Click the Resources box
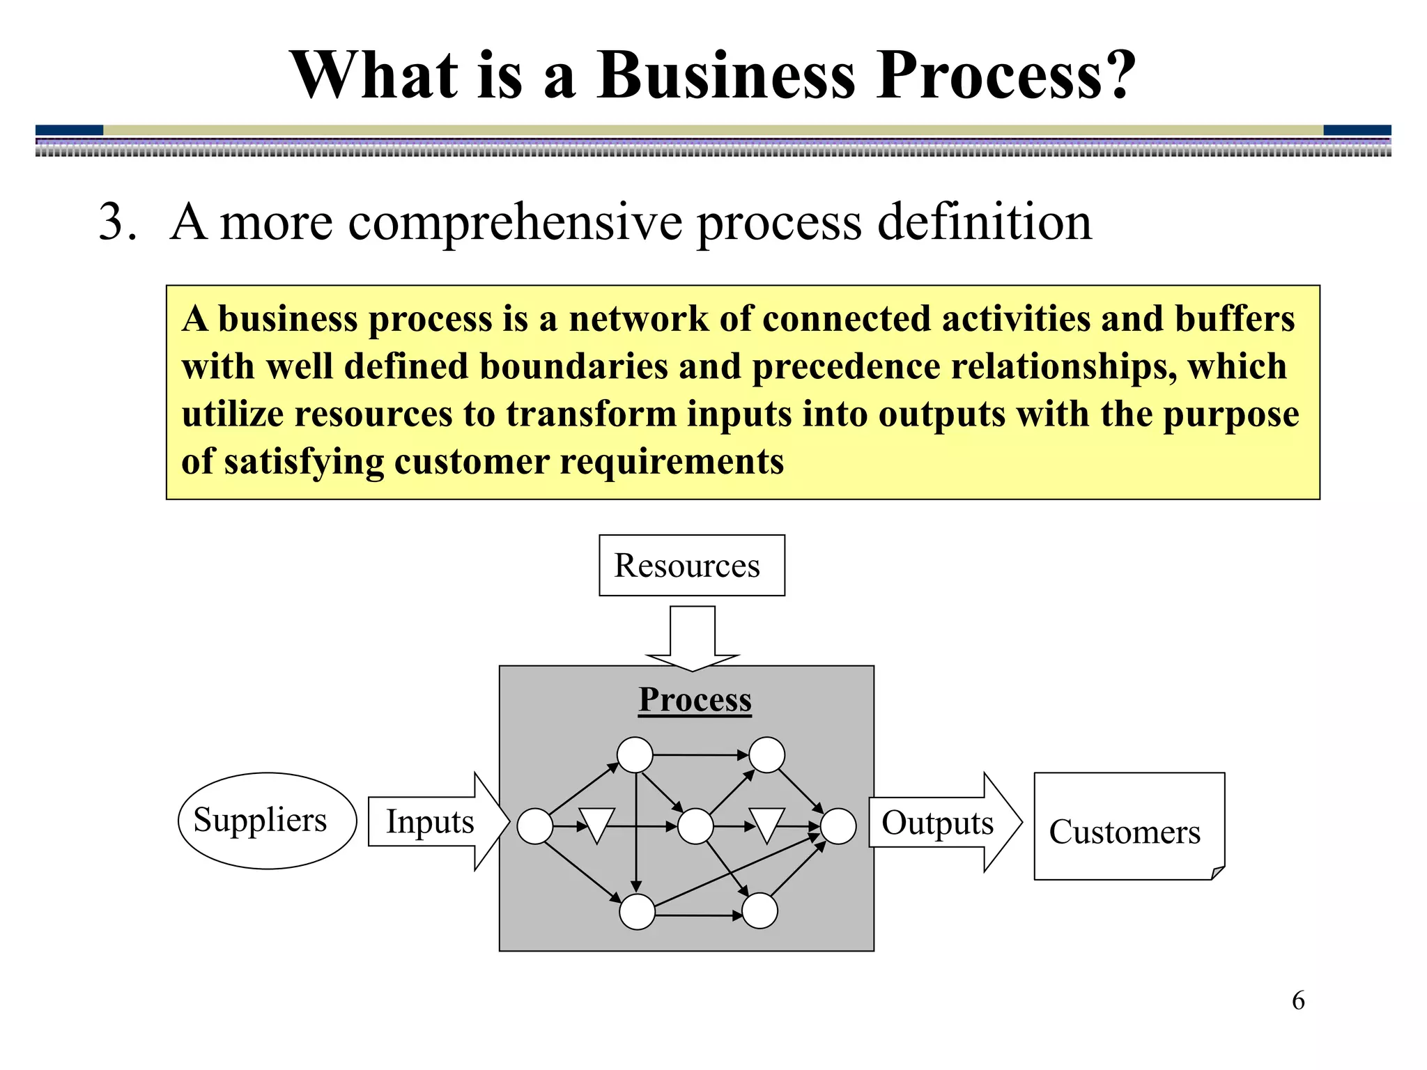point(691,565)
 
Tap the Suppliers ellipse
point(267,820)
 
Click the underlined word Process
point(695,699)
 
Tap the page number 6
point(1297,1000)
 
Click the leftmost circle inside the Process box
point(535,826)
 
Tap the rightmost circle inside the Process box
point(838,826)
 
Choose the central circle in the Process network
point(695,826)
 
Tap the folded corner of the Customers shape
point(1217,872)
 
